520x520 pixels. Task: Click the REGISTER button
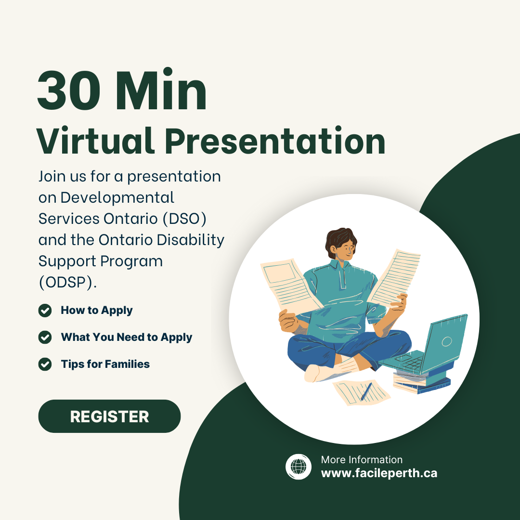point(109,416)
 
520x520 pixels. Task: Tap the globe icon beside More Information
point(299,467)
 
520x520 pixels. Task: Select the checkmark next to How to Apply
point(45,311)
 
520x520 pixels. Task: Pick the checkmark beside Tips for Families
point(45,364)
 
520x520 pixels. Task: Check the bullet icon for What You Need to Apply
point(45,337)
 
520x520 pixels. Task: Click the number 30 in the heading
point(69,91)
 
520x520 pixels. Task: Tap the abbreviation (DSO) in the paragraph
point(184,219)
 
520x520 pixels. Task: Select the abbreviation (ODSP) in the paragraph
point(68,283)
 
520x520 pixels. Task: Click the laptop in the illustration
point(428,345)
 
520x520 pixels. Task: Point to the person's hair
point(340,239)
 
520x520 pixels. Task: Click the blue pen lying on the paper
point(366,391)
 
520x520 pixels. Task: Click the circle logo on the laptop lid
point(447,341)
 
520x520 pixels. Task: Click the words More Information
point(362,460)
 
